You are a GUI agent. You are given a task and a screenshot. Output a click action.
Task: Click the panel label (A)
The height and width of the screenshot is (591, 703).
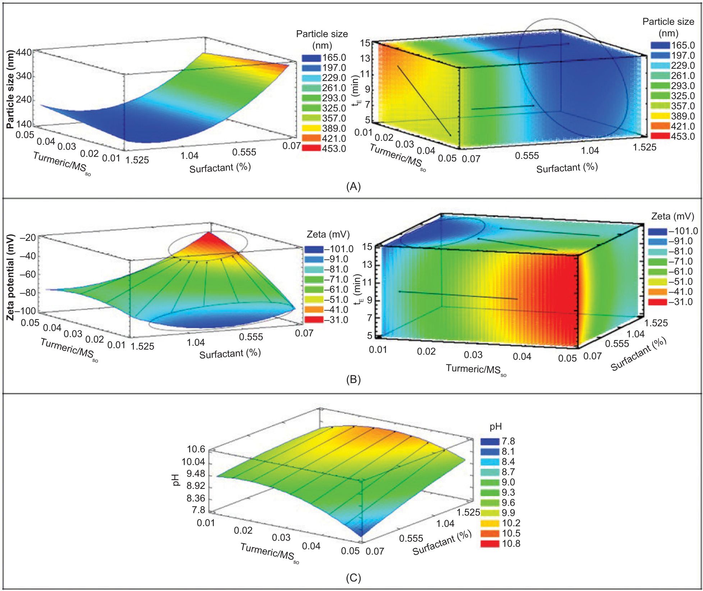(353, 186)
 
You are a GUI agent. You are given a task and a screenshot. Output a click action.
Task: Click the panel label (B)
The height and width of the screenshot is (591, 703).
(353, 380)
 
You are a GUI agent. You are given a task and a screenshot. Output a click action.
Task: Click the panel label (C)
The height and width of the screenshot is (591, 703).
(353, 577)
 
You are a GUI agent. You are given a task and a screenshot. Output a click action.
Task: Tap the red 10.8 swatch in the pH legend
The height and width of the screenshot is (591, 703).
(490, 544)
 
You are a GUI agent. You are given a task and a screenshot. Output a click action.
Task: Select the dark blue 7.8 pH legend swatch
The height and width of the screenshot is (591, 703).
(490, 441)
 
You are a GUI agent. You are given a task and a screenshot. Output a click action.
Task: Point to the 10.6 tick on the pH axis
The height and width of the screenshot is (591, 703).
(196, 449)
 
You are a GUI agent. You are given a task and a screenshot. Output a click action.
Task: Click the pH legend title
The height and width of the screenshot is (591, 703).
(496, 427)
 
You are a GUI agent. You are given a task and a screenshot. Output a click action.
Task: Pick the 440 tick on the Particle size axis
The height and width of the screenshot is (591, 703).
(24, 52)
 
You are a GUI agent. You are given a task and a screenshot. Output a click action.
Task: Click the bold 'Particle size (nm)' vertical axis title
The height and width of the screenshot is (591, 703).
(10, 89)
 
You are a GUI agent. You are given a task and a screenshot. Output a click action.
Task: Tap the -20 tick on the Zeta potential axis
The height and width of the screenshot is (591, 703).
(27, 238)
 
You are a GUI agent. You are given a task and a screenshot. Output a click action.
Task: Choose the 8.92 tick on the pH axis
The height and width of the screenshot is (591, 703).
(196, 486)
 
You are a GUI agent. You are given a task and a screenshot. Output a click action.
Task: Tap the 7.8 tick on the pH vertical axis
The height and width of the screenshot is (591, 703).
(198, 510)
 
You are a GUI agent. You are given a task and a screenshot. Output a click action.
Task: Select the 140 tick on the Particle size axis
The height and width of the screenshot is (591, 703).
(24, 124)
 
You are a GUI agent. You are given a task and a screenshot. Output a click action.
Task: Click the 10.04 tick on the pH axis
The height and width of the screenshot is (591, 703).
(193, 462)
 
